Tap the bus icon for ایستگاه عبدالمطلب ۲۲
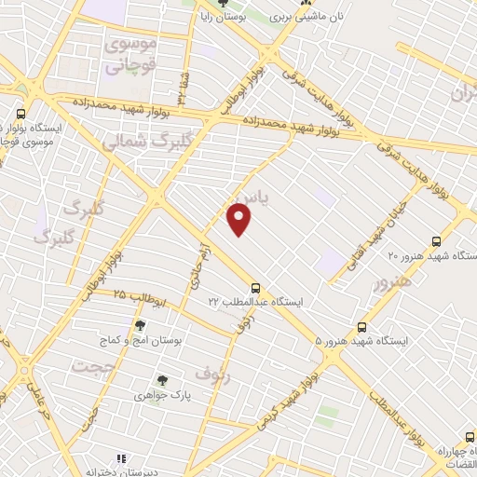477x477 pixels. coord(255,288)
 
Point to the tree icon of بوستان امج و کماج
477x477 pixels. coord(141,325)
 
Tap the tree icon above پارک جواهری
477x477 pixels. coord(162,380)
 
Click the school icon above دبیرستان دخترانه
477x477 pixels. coord(120,458)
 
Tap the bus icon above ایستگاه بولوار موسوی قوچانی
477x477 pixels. coord(20,114)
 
